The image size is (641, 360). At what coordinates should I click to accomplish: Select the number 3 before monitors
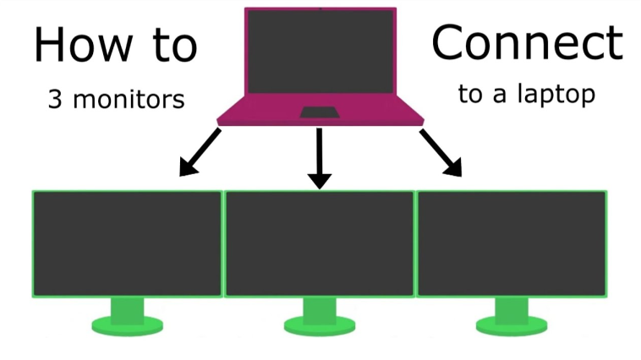55,100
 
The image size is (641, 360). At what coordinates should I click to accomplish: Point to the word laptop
558,94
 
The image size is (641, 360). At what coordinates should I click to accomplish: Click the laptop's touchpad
319,112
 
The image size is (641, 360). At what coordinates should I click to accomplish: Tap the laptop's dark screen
320,52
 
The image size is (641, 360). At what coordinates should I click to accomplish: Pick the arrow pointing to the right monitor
441,155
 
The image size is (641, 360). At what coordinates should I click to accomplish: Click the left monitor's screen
127,243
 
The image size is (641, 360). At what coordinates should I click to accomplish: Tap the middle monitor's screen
319,243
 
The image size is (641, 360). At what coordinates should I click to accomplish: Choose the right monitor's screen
512,243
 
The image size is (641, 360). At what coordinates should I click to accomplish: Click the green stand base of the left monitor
127,323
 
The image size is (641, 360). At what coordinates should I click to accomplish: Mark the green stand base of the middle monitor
319,324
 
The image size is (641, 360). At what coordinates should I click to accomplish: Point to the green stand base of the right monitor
511,324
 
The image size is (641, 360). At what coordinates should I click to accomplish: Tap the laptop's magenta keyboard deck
254,114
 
